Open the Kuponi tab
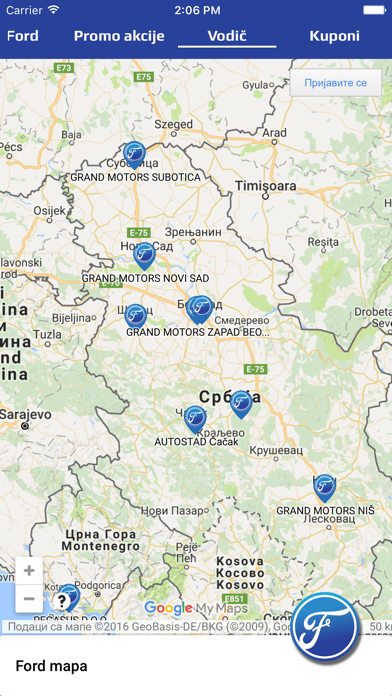pyautogui.click(x=335, y=36)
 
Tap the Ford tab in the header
pyautogui.click(x=23, y=36)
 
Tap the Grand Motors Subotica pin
pyautogui.click(x=134, y=155)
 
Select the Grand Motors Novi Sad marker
pyautogui.click(x=145, y=255)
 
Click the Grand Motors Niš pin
pyautogui.click(x=324, y=487)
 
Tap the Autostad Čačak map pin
pyautogui.click(x=195, y=418)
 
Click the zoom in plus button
pyautogui.click(x=30, y=571)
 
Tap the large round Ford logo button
pyautogui.click(x=330, y=628)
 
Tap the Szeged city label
pyautogui.click(x=173, y=125)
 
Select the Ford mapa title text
pyautogui.click(x=51, y=665)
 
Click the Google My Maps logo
pyautogui.click(x=196, y=608)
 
